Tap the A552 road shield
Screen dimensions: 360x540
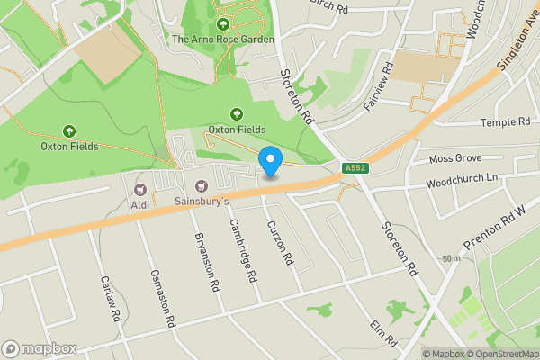coord(354,168)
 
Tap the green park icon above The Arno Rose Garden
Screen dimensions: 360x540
coord(222,22)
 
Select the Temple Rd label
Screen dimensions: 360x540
coord(505,122)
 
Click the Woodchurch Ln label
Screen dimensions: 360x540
coord(462,178)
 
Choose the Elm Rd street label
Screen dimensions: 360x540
coord(383,332)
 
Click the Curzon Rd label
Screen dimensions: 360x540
coord(281,242)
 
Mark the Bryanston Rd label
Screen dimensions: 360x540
coord(206,262)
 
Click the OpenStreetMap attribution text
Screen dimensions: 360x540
coord(500,354)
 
